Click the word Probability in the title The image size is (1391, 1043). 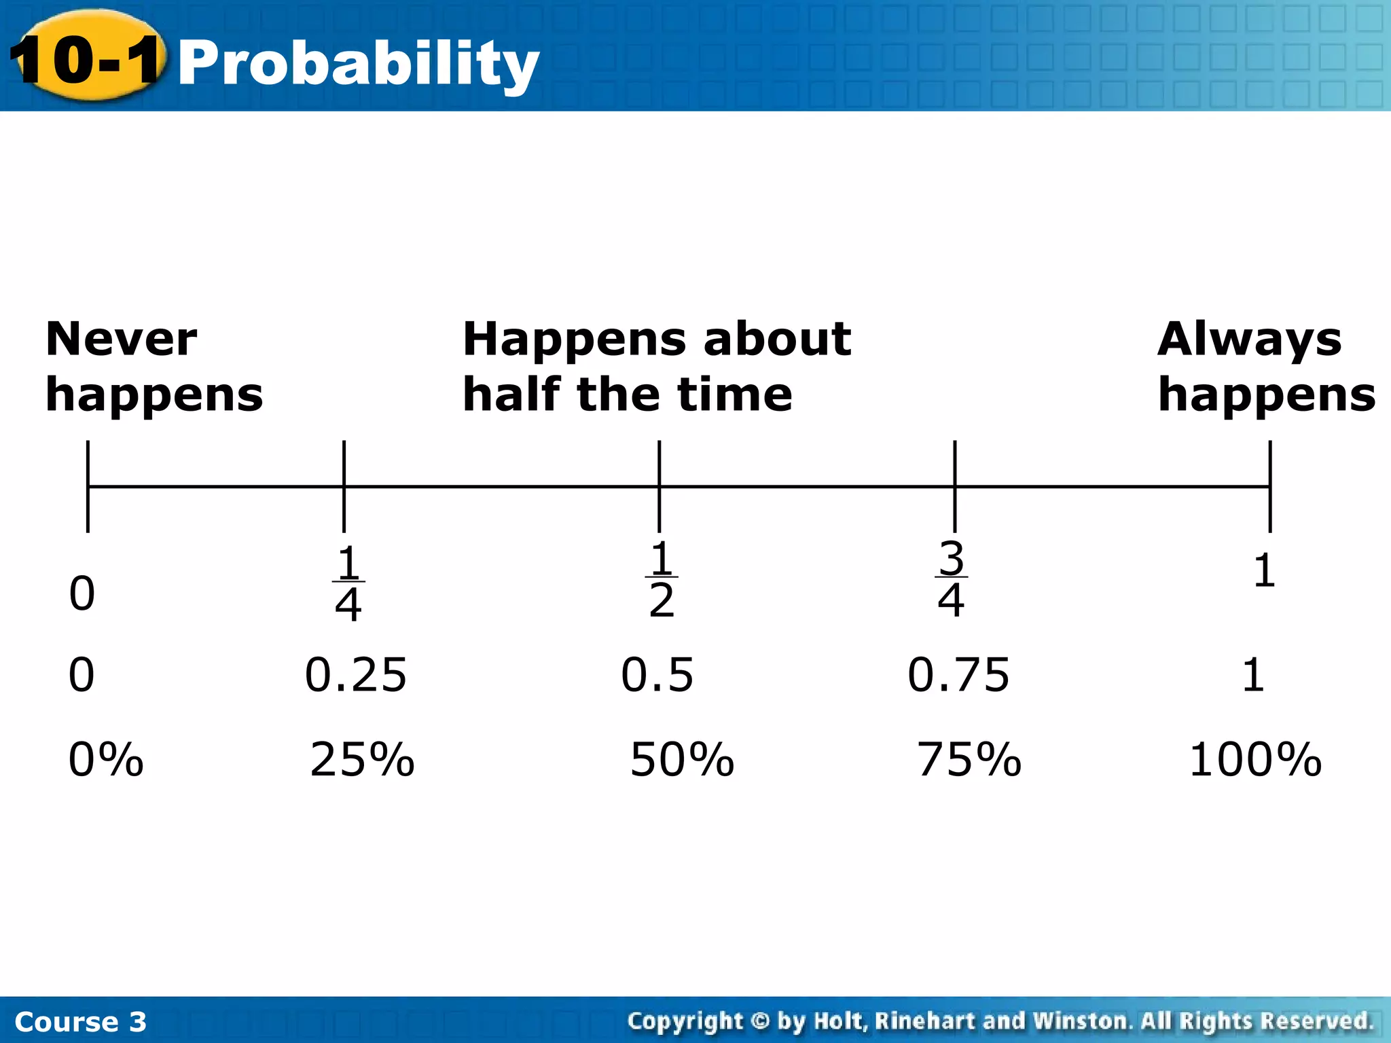click(358, 63)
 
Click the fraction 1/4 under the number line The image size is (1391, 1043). click(348, 583)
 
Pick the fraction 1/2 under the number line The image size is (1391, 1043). click(662, 579)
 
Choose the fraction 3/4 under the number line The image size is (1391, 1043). click(951, 579)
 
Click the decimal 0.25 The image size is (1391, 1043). click(355, 675)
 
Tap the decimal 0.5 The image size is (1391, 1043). click(657, 675)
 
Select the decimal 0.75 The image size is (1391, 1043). click(958, 675)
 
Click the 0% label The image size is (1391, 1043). click(106, 759)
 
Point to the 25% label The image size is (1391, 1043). click(362, 759)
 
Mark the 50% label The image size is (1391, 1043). click(682, 759)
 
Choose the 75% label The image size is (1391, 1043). click(969, 759)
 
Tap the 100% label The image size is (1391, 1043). click(1255, 759)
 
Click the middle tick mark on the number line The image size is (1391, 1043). click(659, 486)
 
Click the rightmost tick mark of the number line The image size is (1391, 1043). click(1269, 486)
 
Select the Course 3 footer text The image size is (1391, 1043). click(80, 1021)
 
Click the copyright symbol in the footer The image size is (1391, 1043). click(760, 1021)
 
